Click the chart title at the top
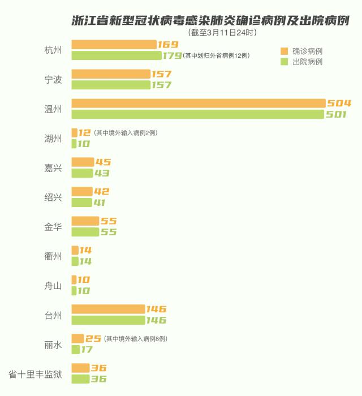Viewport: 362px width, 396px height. (210, 20)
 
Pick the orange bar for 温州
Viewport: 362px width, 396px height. (199, 103)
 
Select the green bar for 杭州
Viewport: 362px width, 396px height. (117, 55)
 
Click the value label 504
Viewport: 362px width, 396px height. (339, 103)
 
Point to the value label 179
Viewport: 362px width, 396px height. (171, 55)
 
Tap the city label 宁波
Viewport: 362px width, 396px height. (53, 80)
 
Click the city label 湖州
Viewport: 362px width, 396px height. (53, 139)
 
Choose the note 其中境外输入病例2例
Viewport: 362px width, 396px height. (126, 133)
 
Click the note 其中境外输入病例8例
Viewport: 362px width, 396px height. (135, 339)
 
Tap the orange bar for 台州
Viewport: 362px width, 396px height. (108, 309)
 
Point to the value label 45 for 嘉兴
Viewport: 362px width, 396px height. (103, 162)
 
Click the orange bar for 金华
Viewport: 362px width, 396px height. (85, 221)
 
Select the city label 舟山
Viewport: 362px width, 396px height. (53, 286)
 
